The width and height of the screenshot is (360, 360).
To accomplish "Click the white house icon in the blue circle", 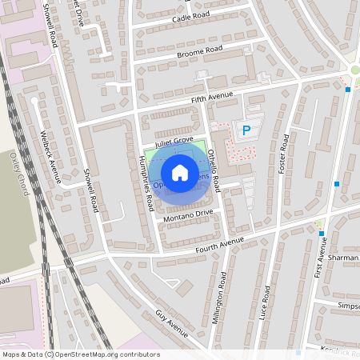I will [180, 172].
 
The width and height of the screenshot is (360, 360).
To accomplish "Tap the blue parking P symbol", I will [246, 130].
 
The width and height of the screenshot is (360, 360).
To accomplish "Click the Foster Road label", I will [283, 154].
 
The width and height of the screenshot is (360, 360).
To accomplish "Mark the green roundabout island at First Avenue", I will [355, 70].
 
